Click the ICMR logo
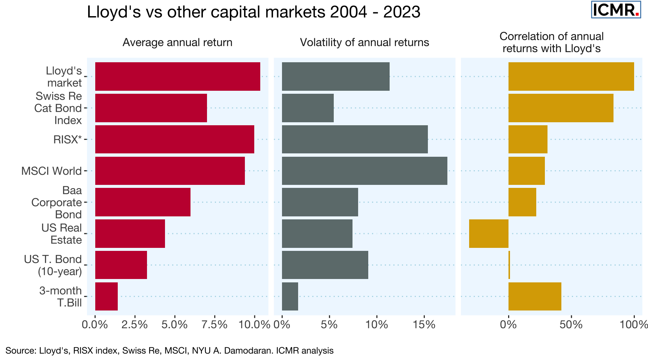(x=616, y=10)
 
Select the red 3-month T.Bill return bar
(x=106, y=296)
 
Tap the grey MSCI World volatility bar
(x=364, y=171)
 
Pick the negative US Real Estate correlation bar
(x=489, y=234)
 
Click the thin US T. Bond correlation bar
(x=509, y=265)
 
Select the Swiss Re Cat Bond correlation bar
(x=561, y=108)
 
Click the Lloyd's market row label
(x=64, y=76)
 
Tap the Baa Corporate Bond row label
(x=57, y=202)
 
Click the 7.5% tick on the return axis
(x=214, y=325)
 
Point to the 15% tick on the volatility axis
(x=424, y=325)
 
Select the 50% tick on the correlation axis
(x=571, y=325)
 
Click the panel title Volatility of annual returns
(x=364, y=42)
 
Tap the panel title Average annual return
(x=177, y=42)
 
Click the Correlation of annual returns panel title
(x=551, y=42)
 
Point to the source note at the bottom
(x=169, y=351)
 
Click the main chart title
(x=253, y=12)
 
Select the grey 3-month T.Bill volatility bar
(x=290, y=296)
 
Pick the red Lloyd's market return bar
(x=177, y=76)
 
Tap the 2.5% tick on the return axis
(x=135, y=325)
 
